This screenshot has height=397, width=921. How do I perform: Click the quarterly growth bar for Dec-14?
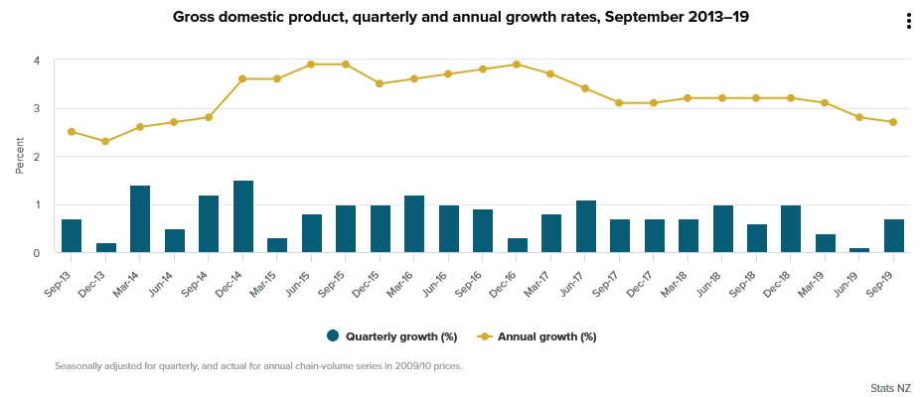coord(243,217)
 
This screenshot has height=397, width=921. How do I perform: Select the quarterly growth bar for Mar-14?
coord(140,219)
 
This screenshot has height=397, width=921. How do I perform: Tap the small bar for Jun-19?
coord(859,250)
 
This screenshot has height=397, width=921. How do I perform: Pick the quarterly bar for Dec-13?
coord(106,248)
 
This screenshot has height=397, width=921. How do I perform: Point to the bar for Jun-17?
coord(585,226)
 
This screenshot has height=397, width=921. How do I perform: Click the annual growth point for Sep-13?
coord(72,132)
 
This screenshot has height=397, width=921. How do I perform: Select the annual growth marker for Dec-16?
coord(517,65)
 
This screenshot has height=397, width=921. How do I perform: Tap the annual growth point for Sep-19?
coord(893,122)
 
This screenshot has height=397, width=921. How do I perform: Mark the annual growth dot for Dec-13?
coord(106,142)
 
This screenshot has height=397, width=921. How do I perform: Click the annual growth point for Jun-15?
coord(311,65)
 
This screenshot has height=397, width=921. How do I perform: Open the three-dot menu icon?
coord(908,22)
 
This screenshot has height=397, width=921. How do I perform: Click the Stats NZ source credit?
coord(889,388)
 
